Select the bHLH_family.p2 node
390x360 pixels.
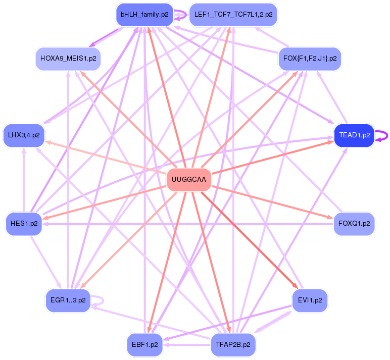(x=144, y=14)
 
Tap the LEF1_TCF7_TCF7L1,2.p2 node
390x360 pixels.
(x=233, y=14)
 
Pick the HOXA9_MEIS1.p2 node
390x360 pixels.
(x=68, y=59)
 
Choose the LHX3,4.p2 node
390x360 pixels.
(x=24, y=135)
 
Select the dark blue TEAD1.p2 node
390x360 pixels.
(x=354, y=135)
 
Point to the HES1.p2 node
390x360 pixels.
(x=24, y=224)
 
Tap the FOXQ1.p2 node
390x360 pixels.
(x=354, y=223)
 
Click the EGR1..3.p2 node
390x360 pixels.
(x=68, y=300)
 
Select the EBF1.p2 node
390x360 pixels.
(x=144, y=345)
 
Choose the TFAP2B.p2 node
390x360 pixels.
(x=233, y=345)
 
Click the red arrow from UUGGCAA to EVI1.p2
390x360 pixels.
(x=253, y=240)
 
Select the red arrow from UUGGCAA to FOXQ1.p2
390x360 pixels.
(x=273, y=201)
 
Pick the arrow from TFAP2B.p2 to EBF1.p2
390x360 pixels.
(x=187, y=345)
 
